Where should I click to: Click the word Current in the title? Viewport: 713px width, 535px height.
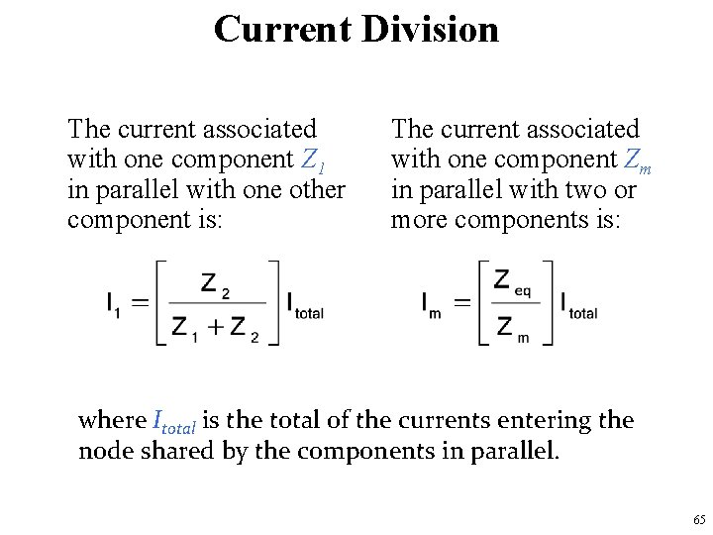click(x=282, y=29)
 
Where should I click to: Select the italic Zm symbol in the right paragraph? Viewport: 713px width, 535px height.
click(x=636, y=160)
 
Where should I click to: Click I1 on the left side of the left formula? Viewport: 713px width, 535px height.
click(x=114, y=303)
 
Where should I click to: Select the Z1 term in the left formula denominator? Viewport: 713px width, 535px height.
click(x=186, y=327)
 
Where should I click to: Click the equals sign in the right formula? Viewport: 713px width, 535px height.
click(x=462, y=303)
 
